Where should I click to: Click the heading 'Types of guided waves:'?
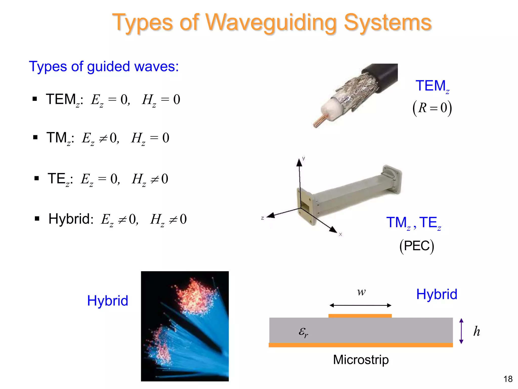tap(104, 67)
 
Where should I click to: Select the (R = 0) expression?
tap(432, 108)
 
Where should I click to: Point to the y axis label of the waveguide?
tap(304, 158)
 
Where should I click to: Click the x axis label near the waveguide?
tap(340, 234)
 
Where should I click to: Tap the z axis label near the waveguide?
tap(262, 218)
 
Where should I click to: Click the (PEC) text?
tap(417, 246)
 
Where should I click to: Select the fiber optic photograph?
tap(185, 326)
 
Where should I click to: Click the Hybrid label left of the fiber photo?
tap(107, 301)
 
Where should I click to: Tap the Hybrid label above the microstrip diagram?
tap(437, 294)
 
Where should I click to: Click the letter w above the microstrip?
tap(361, 292)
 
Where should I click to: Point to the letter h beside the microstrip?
tap(477, 331)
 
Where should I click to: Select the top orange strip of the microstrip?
tap(360, 316)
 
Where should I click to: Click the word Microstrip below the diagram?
tap(361, 360)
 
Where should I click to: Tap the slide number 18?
tap(508, 379)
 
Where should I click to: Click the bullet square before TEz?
tap(37, 178)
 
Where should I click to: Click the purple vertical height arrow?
tap(461, 331)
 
